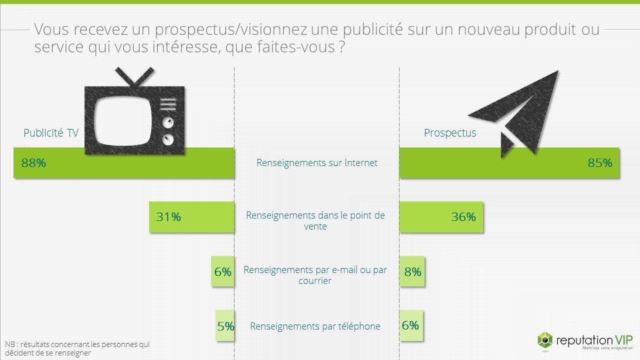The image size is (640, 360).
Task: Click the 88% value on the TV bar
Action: click(x=33, y=163)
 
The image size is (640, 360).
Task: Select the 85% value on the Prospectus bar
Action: click(x=600, y=163)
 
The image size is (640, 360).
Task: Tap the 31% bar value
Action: click(x=168, y=217)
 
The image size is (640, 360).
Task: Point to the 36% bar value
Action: click(x=463, y=217)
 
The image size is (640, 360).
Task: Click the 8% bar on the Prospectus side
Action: click(x=412, y=271)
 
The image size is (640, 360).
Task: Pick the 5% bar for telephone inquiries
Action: click(x=225, y=325)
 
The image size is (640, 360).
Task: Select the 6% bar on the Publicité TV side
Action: click(x=223, y=271)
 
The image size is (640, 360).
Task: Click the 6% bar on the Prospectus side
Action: click(x=411, y=325)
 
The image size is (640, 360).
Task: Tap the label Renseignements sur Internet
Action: click(x=317, y=163)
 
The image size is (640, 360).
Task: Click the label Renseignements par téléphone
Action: click(x=315, y=326)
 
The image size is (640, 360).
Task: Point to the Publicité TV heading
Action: click(x=51, y=133)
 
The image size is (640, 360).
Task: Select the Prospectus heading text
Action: click(x=450, y=133)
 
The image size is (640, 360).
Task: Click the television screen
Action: click(x=122, y=121)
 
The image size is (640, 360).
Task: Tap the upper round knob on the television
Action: click(x=168, y=123)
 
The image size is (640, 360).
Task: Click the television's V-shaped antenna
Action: click(x=134, y=76)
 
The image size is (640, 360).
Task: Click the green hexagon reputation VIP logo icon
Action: click(x=545, y=340)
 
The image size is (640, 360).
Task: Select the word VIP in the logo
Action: click(x=623, y=340)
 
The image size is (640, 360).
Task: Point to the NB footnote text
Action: click(x=77, y=348)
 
